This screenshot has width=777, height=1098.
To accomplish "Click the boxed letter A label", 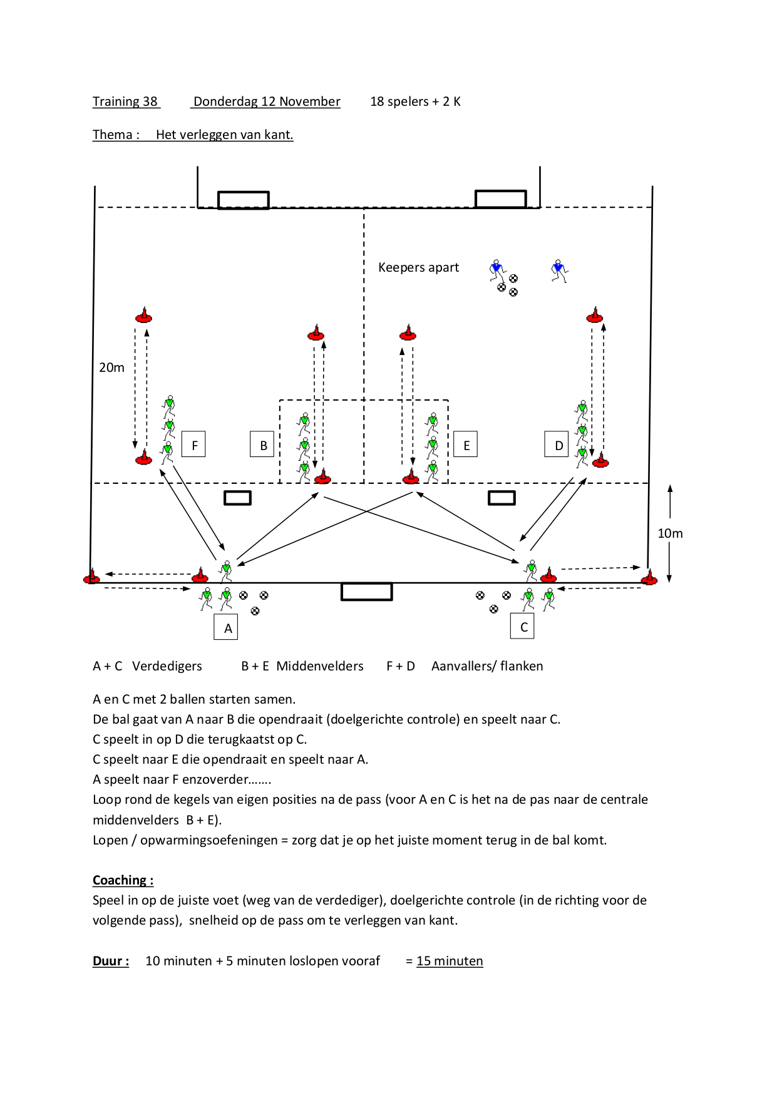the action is coord(226,627).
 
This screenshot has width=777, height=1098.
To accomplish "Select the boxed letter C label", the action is coord(523,626).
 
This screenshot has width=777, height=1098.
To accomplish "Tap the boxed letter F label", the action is coord(193,444).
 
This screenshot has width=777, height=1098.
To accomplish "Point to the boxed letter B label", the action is coord(262,444).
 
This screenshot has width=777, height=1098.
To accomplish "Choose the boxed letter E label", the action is coord(465,444).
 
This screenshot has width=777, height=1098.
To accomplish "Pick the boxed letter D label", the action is coord(557,444).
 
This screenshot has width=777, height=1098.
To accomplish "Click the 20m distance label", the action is coord(111,367).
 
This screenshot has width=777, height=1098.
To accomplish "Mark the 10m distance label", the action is coord(670,533).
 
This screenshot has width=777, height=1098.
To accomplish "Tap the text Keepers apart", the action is coord(418,267).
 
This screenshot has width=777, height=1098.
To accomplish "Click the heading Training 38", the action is coord(125,101).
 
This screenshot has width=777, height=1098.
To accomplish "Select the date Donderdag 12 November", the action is coord(267,101).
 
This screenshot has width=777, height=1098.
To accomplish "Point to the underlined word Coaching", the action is coord(123,880).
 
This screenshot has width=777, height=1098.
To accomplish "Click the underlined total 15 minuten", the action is coord(450,961).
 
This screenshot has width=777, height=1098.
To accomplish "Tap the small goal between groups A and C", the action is coord(367,592).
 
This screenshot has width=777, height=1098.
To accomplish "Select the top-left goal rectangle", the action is coord(244,200).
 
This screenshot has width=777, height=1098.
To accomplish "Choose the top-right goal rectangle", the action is coord(501,199).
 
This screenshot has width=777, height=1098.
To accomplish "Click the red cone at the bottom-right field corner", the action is coord(649,577).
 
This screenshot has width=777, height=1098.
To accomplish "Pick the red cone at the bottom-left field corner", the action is coord(91,577).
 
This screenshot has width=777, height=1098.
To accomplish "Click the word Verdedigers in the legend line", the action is coord(167,666).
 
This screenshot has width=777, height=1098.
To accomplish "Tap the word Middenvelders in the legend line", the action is coord(320,666).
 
